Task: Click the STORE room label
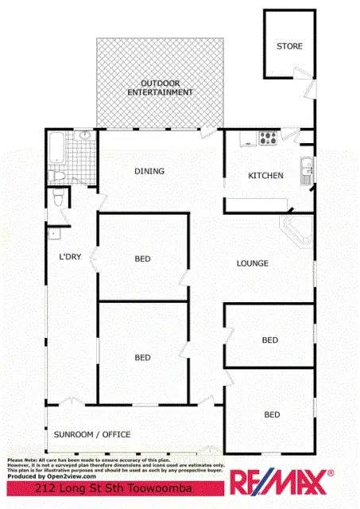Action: pos(289,46)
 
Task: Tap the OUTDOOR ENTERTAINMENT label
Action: pos(160,87)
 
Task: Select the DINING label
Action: pos(149,171)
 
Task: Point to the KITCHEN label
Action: pos(265,176)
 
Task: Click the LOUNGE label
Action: pos(252,263)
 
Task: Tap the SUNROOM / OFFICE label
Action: pos(91,434)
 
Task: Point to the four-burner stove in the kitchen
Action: pos(268,138)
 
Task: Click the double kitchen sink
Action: pos(306,168)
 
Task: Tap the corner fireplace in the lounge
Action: pos(297,231)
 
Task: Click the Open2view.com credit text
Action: pos(52,476)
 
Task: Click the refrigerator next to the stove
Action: pos(245,140)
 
